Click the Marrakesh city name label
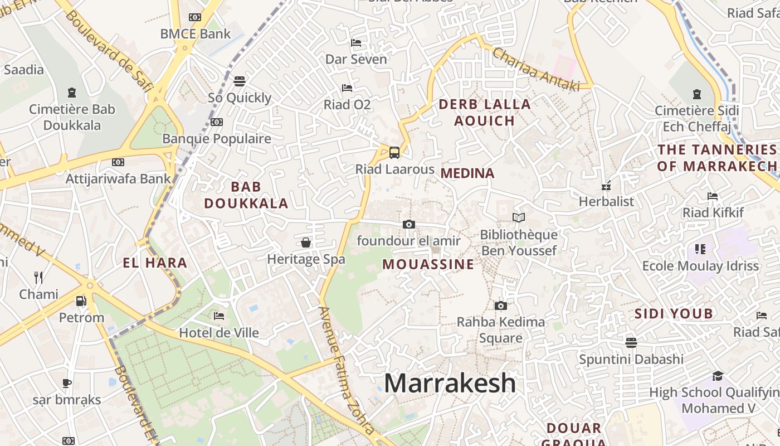(450, 384)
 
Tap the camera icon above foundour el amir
(408, 224)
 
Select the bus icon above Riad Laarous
(394, 152)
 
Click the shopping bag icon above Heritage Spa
(306, 243)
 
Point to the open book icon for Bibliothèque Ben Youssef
(519, 217)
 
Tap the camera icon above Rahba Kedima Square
(501, 306)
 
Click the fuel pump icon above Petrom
(81, 301)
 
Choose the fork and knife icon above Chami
(38, 277)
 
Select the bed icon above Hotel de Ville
(219, 316)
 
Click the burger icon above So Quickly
(240, 81)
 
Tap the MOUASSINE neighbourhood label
(428, 264)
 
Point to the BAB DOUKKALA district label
(246, 195)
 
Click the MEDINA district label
(467, 173)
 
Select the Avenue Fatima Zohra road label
(346, 370)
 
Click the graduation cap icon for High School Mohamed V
(718, 376)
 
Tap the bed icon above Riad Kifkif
(713, 196)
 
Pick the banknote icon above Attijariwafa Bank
(118, 162)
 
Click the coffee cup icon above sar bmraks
(66, 383)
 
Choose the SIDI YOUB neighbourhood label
(674, 313)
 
